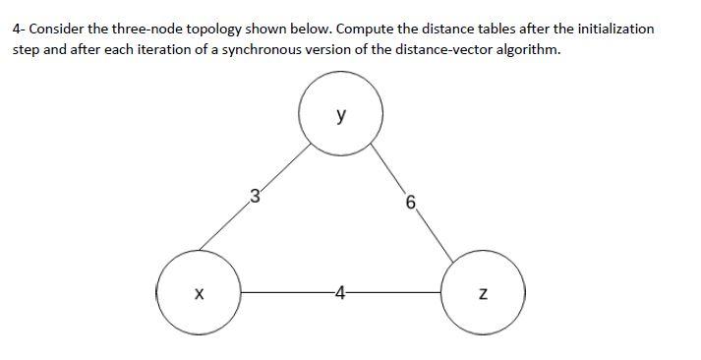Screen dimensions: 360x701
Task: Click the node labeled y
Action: pyautogui.click(x=340, y=115)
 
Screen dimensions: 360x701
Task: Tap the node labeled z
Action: pyautogui.click(x=483, y=292)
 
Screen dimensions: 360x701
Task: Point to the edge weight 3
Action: pyautogui.click(x=255, y=194)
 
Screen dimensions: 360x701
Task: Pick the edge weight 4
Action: pyautogui.click(x=339, y=292)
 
